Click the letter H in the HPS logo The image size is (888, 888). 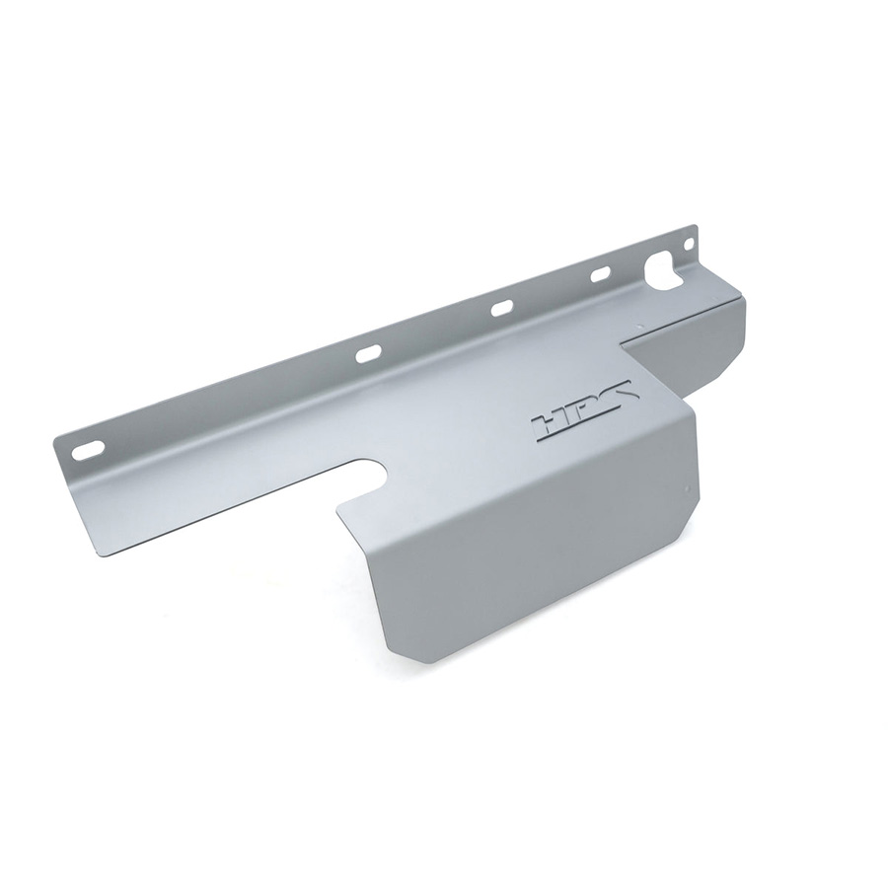[x=549, y=424]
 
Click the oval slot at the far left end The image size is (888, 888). [x=89, y=449]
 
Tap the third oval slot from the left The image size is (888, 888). [x=502, y=309]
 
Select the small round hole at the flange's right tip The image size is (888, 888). [x=688, y=245]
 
